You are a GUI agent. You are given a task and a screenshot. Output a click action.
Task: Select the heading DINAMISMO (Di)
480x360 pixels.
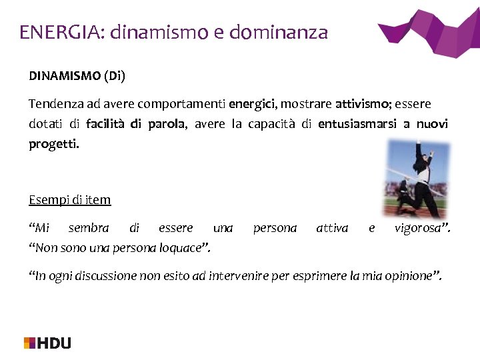pos(77,75)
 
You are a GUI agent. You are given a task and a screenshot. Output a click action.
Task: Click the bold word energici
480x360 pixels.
pos(253,105)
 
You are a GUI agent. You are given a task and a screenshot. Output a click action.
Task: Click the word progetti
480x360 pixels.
pos(53,144)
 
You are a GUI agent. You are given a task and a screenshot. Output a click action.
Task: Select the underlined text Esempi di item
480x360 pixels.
pos(70,199)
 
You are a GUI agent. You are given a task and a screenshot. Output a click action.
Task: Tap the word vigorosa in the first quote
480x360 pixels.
pos(422,228)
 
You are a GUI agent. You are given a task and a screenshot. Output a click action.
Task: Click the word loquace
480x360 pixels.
pos(187,248)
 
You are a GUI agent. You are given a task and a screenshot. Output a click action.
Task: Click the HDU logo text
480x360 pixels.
pos(55,343)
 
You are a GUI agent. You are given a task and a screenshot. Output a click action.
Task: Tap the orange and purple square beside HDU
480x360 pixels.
pos(30,343)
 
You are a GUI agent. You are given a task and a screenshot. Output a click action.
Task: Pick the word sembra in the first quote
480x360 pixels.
pos(89,228)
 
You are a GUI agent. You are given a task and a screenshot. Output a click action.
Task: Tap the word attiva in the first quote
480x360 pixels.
pos(332,228)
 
